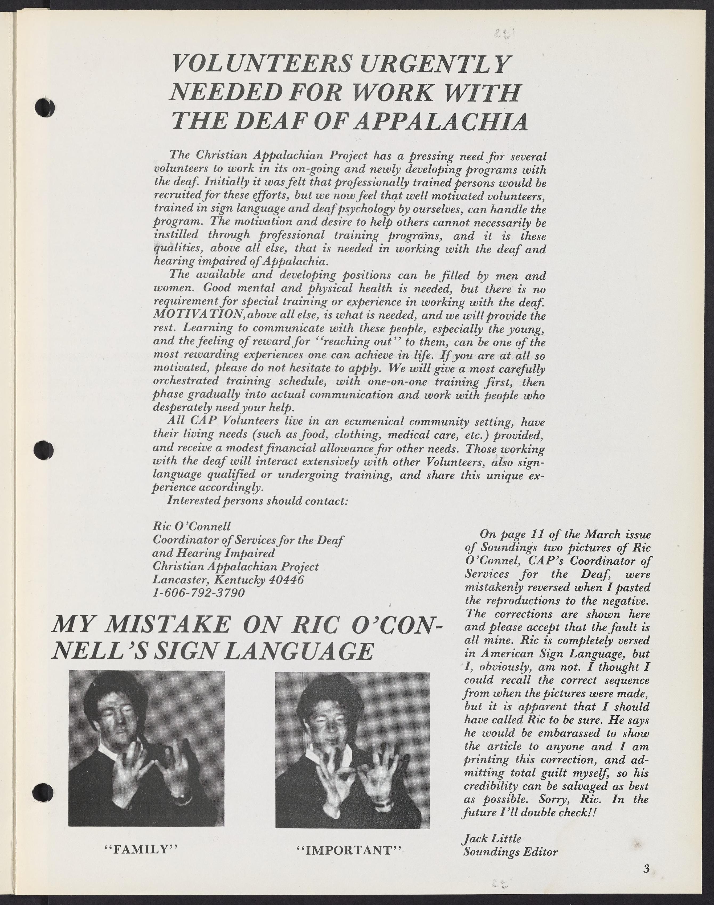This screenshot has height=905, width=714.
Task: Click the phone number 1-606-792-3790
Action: [199, 593]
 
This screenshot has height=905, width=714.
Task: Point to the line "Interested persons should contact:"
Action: [257, 501]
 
